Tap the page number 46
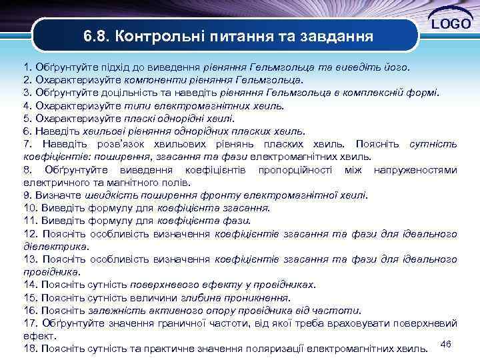point(447,343)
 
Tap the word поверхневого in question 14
point(167,285)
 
